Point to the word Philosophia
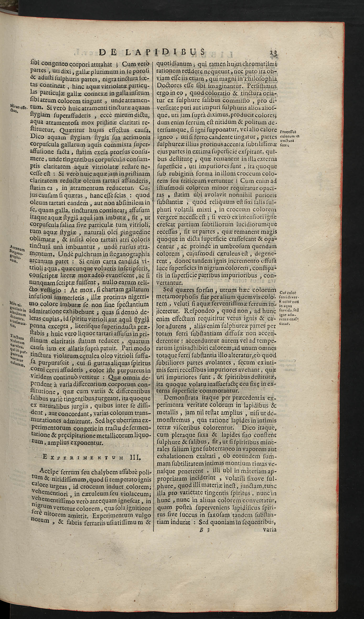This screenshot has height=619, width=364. tap(260, 79)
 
